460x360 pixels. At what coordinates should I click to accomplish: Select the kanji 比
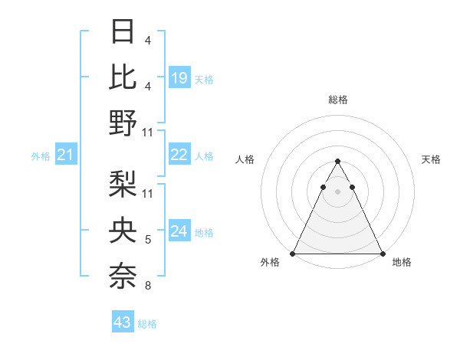[x=123, y=77]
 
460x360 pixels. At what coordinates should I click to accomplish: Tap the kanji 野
[x=123, y=122]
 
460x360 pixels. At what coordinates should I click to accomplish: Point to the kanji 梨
[x=123, y=184]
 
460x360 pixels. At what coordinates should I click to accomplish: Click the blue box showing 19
[x=179, y=77]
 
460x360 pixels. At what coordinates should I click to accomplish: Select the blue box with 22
[x=179, y=155]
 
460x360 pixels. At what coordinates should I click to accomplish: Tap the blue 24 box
[x=179, y=231]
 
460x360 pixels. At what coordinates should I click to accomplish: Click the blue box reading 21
[x=65, y=155]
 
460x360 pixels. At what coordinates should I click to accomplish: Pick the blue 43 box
[x=123, y=322]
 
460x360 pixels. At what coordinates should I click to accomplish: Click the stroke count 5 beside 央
[x=148, y=241]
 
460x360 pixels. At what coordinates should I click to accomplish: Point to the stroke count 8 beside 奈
[x=148, y=286]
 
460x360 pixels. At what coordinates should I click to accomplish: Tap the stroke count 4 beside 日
[x=148, y=40]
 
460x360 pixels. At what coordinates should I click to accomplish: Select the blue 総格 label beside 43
[x=147, y=324]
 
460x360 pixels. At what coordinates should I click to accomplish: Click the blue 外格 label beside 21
[x=41, y=156]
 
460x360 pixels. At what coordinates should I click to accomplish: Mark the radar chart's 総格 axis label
[x=338, y=100]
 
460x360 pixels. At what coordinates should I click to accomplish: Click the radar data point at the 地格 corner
[x=383, y=254]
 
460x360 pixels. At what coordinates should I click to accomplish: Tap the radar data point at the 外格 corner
[x=293, y=254]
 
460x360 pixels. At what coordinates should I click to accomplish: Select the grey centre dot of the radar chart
[x=337, y=191]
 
